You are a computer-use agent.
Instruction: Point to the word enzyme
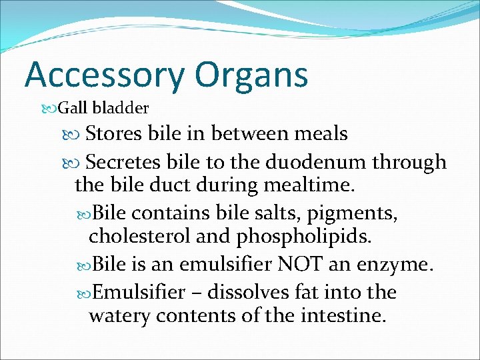pos(400,264)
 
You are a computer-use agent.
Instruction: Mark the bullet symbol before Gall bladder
pos(52,108)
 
